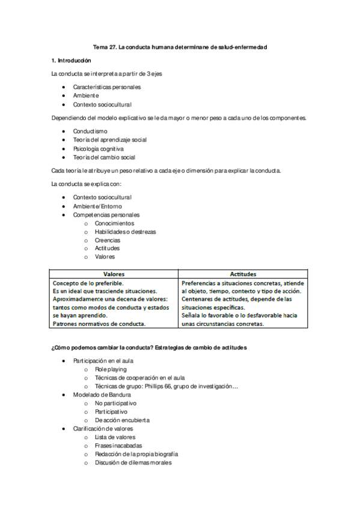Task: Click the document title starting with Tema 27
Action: click(180, 46)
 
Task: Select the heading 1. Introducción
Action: click(71, 61)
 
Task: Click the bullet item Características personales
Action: click(107, 87)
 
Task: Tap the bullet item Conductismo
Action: click(90, 131)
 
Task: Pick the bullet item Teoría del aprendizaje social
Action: click(109, 140)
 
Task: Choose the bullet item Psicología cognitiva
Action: click(98, 149)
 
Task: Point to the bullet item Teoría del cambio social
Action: click(104, 157)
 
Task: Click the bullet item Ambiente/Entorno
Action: click(97, 206)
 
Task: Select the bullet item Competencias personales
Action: click(106, 215)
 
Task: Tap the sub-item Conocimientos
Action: click(114, 223)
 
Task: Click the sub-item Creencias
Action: click(107, 240)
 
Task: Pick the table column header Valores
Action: click(114, 274)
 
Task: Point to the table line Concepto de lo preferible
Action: click(88, 283)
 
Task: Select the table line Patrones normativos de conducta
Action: click(99, 324)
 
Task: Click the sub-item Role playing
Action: click(111, 369)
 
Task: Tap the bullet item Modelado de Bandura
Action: click(102, 395)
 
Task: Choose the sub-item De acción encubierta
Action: click(122, 420)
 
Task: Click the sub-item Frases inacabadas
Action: click(119, 446)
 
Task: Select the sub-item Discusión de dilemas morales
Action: click(133, 462)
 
